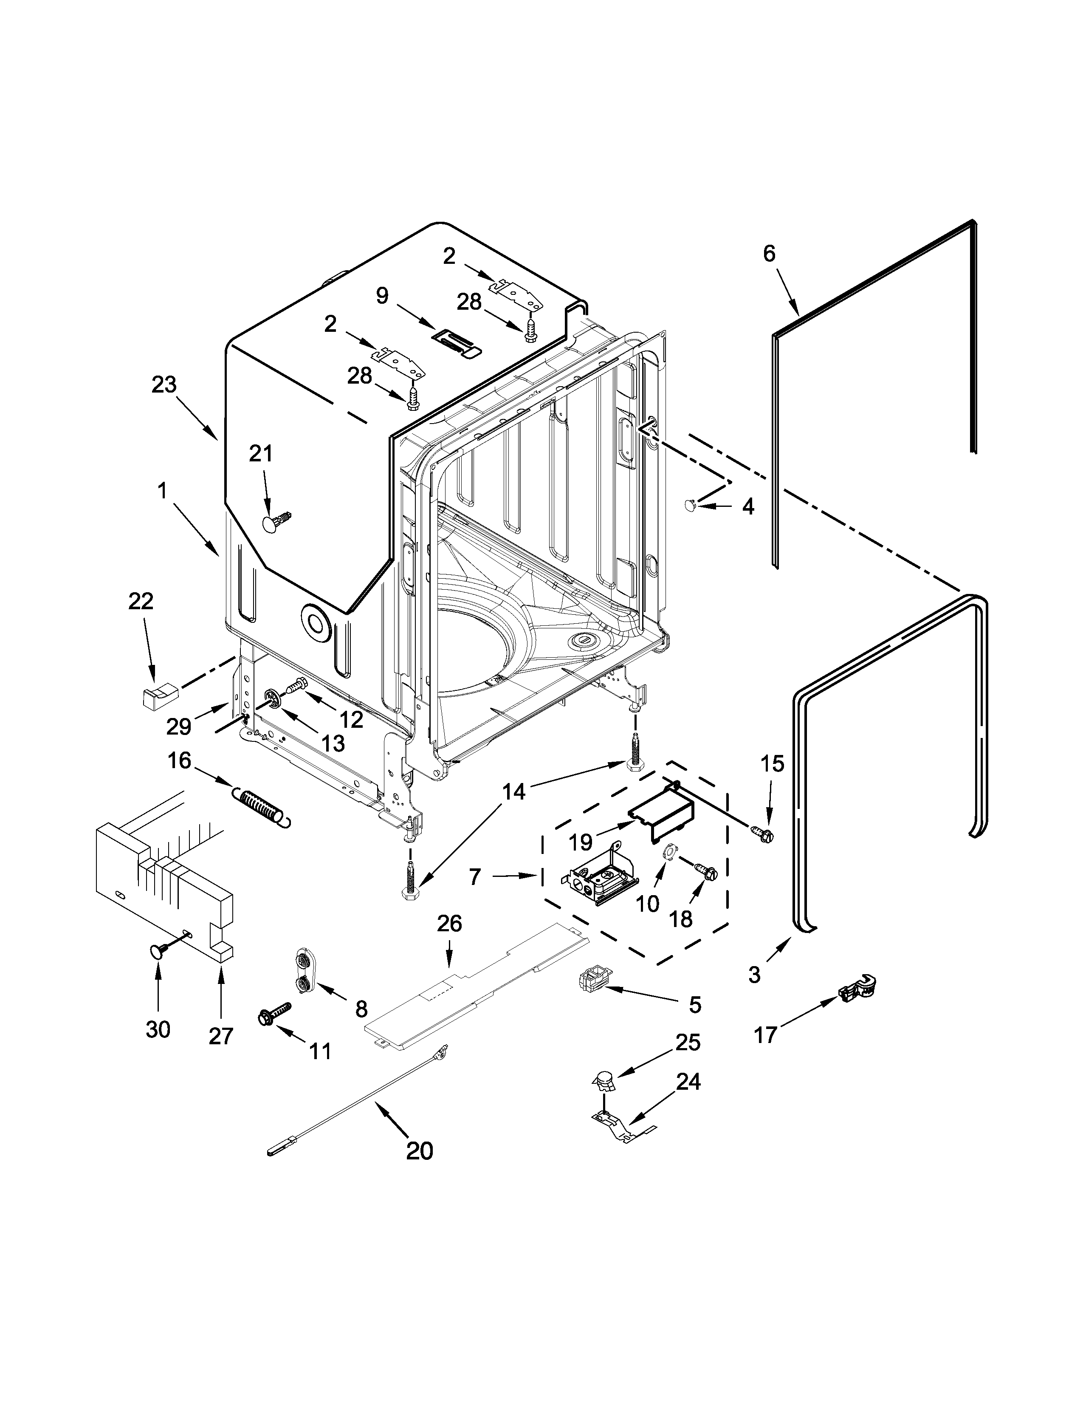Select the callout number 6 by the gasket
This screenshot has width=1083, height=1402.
pyautogui.click(x=769, y=254)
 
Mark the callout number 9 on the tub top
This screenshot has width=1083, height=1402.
pyautogui.click(x=382, y=296)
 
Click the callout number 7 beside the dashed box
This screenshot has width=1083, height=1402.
pyautogui.click(x=475, y=877)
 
